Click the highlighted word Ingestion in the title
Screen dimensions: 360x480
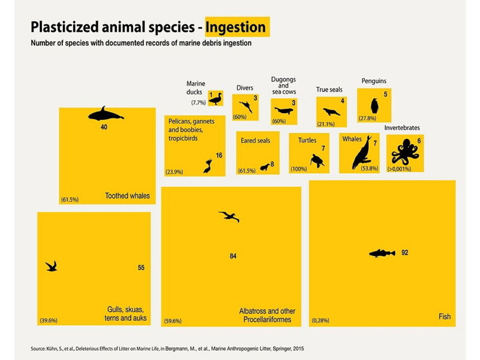[236, 27]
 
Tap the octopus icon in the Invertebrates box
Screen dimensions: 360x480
[405, 151]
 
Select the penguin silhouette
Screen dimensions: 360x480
[375, 106]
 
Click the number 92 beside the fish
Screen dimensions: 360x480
[405, 253]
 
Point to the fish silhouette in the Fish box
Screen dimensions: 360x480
[382, 253]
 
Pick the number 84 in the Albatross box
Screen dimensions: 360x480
[233, 256]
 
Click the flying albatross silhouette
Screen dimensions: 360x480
[229, 216]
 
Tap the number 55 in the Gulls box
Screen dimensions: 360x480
[141, 268]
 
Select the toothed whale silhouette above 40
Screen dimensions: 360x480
[105, 114]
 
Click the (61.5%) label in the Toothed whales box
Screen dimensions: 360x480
[70, 199]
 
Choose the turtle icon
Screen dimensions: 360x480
[317, 160]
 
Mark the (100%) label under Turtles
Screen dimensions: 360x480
[299, 169]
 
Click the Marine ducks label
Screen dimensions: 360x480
[196, 88]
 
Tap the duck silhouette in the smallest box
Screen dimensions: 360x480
[215, 98]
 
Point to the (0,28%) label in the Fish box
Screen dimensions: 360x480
[320, 320]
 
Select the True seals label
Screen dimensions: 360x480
[329, 90]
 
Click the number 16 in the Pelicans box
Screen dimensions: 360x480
[219, 155]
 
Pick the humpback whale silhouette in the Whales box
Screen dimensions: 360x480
[361, 154]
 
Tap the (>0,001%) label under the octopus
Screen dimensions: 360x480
[399, 169]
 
